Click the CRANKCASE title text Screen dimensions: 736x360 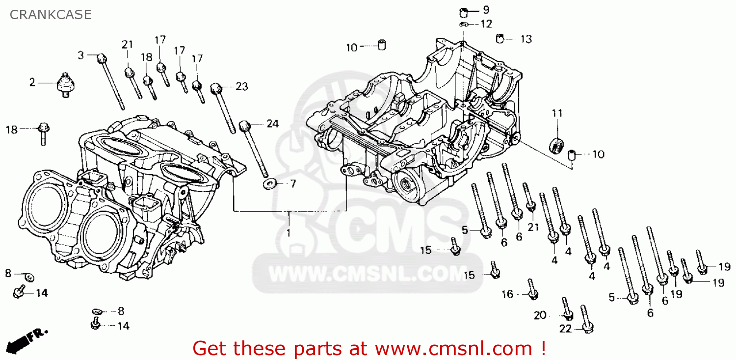[x=51, y=15]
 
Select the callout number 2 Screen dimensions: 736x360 [x=32, y=82]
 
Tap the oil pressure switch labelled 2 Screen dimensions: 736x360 [x=66, y=85]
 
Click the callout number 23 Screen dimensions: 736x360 [x=242, y=86]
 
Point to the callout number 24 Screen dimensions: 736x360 [x=273, y=124]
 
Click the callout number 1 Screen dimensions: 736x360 [x=289, y=233]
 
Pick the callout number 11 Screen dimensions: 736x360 [x=557, y=113]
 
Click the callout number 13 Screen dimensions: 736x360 [x=526, y=39]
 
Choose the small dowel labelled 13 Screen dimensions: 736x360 [x=500, y=38]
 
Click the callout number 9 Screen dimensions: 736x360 [x=486, y=10]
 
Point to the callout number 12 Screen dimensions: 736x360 [x=486, y=24]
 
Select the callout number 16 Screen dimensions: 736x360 [x=507, y=294]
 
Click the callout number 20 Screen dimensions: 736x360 [x=540, y=315]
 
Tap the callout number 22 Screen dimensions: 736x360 [x=565, y=329]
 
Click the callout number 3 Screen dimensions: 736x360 [x=81, y=55]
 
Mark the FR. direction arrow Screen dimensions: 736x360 [x=26, y=341]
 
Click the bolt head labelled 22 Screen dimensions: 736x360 [x=587, y=328]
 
